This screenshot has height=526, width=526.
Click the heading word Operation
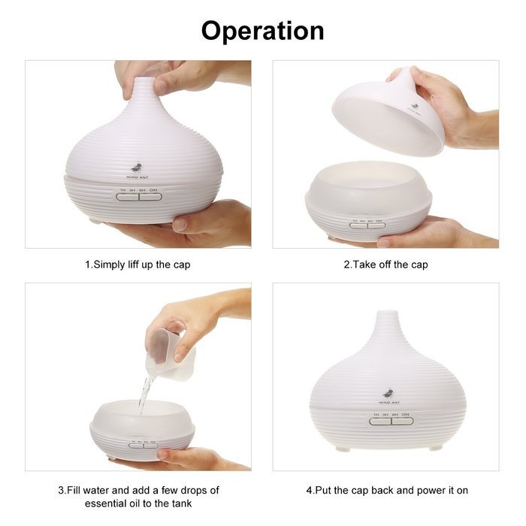[x=263, y=30]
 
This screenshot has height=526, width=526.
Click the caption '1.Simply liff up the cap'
[x=142, y=265]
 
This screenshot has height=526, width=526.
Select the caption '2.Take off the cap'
[x=385, y=265]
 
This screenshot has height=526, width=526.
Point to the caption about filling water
[x=138, y=497]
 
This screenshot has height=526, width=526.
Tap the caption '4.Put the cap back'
[x=387, y=490]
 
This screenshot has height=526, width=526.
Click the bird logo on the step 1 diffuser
[x=136, y=167]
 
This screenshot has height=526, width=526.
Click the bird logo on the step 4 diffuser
[x=388, y=393]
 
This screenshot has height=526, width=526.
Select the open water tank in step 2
[x=368, y=188]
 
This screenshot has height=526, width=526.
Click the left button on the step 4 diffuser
[x=379, y=421]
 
